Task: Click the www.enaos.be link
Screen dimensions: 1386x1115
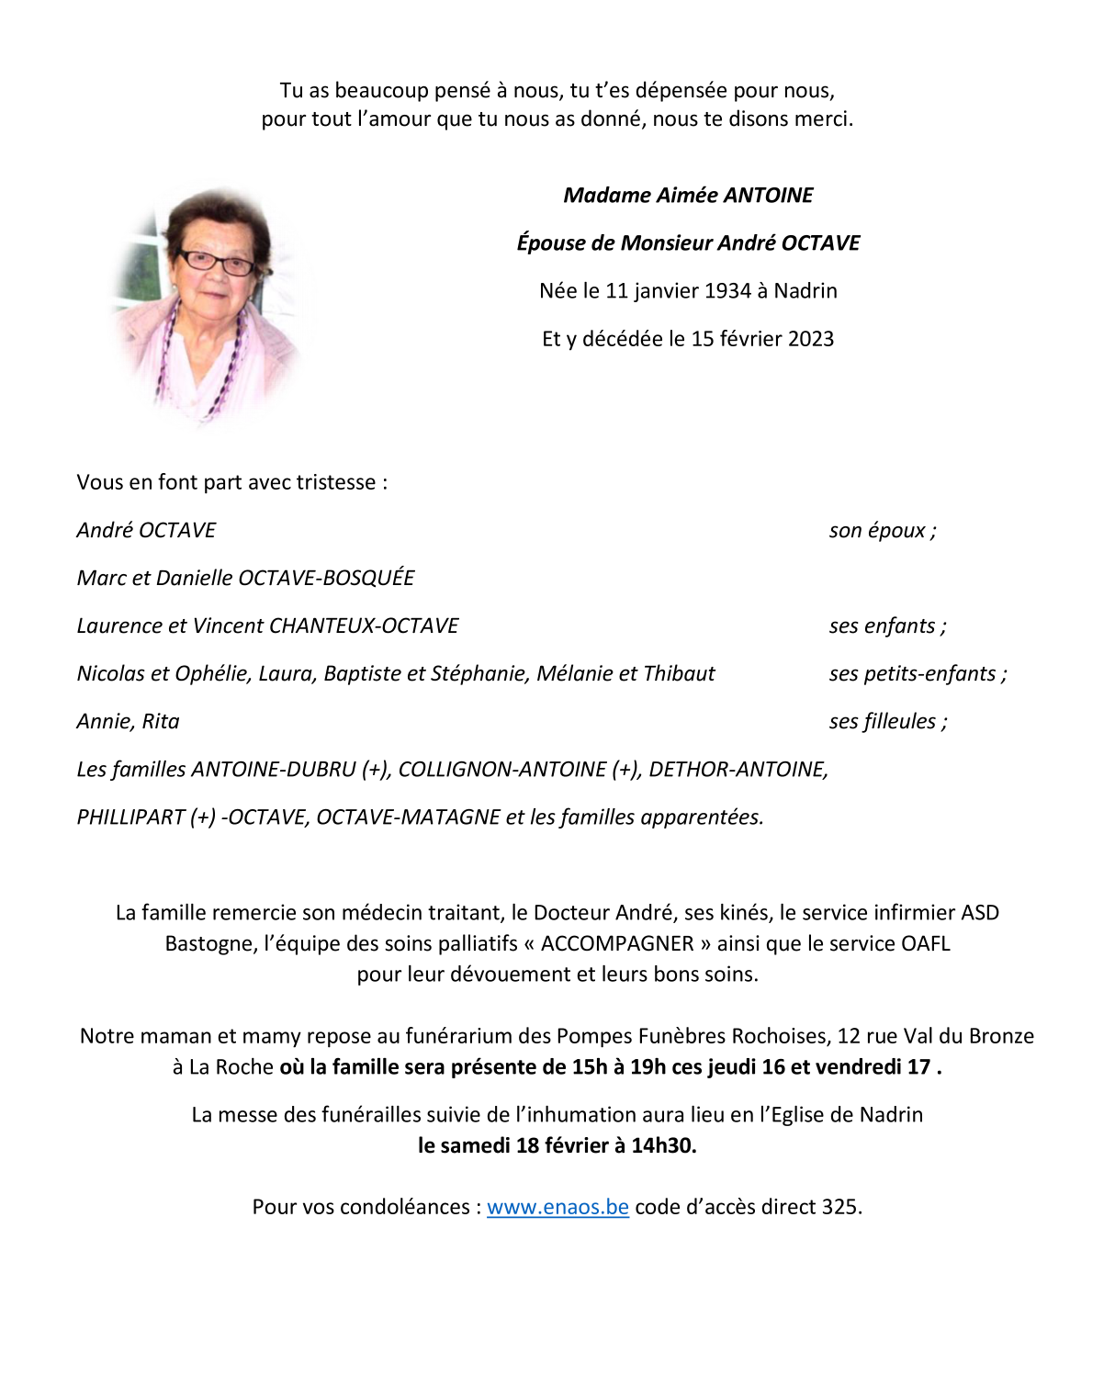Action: (x=557, y=1207)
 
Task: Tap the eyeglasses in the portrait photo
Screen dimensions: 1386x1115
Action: (x=217, y=263)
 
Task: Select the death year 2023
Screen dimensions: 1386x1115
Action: (x=810, y=339)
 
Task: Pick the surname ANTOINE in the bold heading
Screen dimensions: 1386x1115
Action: (x=768, y=196)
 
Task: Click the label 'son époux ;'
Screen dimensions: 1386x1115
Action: (x=883, y=531)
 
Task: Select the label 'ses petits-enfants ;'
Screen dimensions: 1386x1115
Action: (x=918, y=674)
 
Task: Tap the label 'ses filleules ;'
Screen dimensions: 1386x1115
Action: (x=888, y=722)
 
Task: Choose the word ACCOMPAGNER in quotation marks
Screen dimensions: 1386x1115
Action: (x=617, y=944)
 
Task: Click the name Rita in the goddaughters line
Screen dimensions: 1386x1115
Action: (x=161, y=722)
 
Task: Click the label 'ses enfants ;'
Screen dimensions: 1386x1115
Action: (x=887, y=626)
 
